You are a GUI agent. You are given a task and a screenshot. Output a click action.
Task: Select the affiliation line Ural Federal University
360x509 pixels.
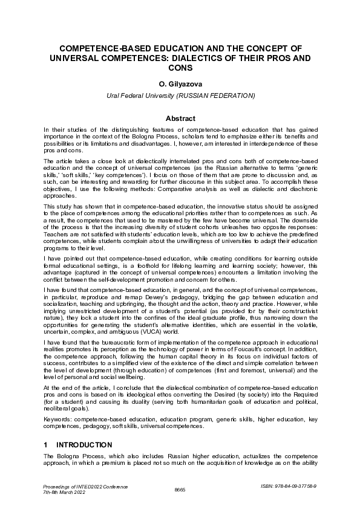[x=145, y=96]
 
